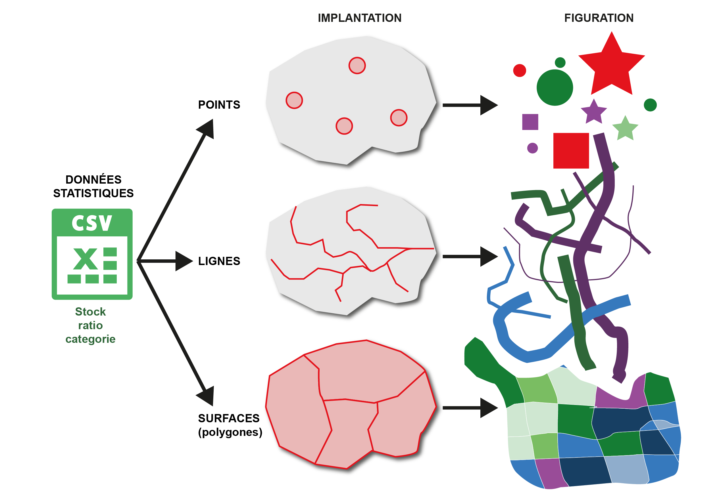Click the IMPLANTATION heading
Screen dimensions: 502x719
tap(360, 18)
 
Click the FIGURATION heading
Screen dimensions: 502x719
tap(599, 18)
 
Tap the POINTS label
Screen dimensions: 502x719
tap(219, 104)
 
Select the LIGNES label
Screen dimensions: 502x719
tap(219, 261)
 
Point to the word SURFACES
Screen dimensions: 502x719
tap(229, 418)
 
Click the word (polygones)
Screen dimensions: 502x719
tap(230, 432)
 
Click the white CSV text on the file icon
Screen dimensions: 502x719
tap(92, 223)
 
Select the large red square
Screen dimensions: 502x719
tap(571, 150)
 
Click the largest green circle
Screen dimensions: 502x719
tap(555, 87)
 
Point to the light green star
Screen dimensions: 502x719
tap(625, 129)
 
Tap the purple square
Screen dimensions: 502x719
tap(530, 122)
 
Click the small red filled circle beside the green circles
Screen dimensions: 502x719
tap(520, 70)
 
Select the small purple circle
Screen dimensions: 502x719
tap(532, 148)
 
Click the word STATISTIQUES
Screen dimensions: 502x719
tap(93, 193)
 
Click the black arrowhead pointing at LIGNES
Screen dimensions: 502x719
tap(184, 261)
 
